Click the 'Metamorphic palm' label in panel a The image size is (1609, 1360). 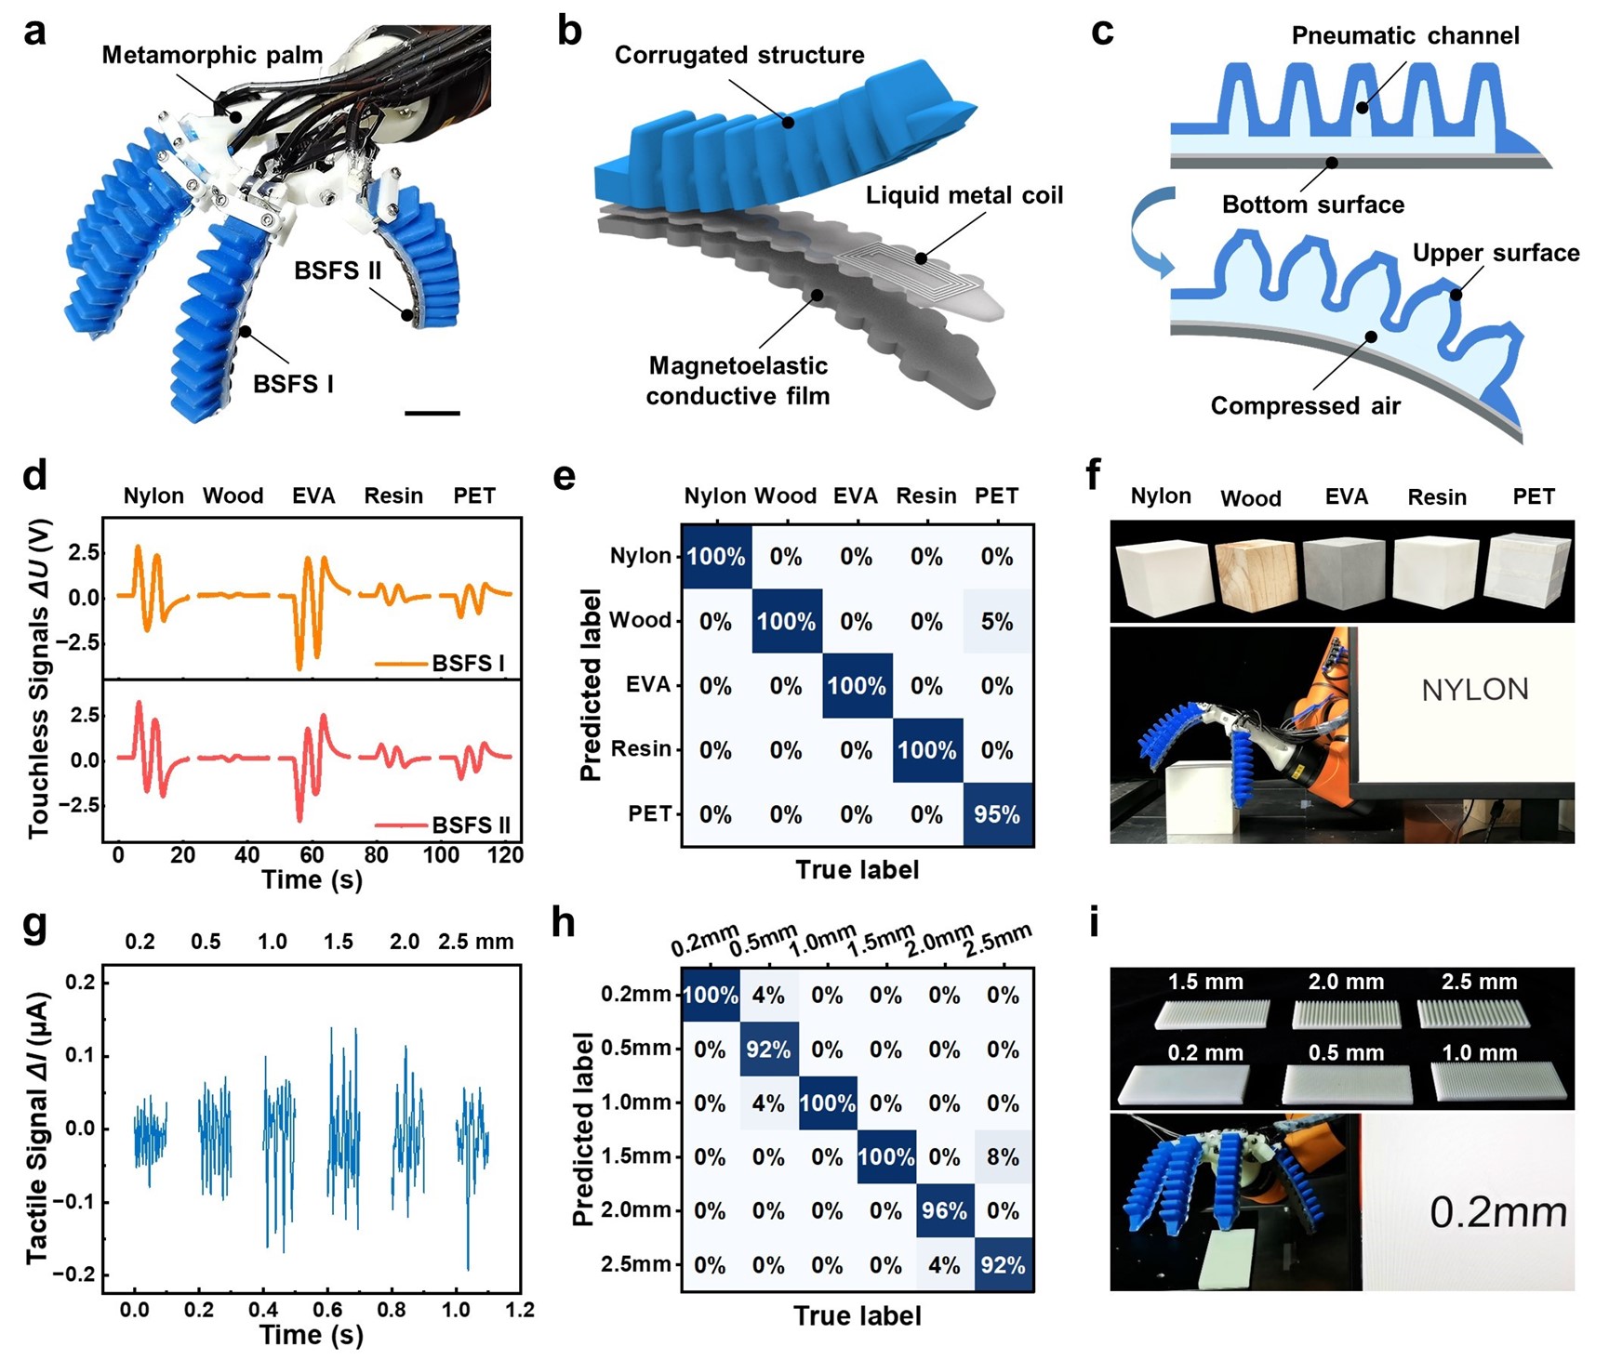pos(212,55)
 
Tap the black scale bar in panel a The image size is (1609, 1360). pos(432,412)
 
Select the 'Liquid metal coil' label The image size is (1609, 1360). pos(964,195)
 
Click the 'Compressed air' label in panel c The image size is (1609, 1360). pos(1305,406)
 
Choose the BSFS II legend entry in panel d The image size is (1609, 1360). pos(443,825)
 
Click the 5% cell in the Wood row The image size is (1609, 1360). pos(997,621)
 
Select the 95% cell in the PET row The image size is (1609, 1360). pos(997,814)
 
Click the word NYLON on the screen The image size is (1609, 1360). pos(1475,690)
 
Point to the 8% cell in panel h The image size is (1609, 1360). pos(1003,1157)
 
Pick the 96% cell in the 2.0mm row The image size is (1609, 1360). pos(944,1210)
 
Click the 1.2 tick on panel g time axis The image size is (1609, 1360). pos(520,1310)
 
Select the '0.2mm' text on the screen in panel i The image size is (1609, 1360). pos(1497,1212)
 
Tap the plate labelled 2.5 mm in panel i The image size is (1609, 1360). pos(1478,1014)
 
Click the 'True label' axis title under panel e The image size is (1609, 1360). pos(857,870)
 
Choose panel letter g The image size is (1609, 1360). pos(34,927)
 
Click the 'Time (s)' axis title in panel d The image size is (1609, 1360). pos(312,879)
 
